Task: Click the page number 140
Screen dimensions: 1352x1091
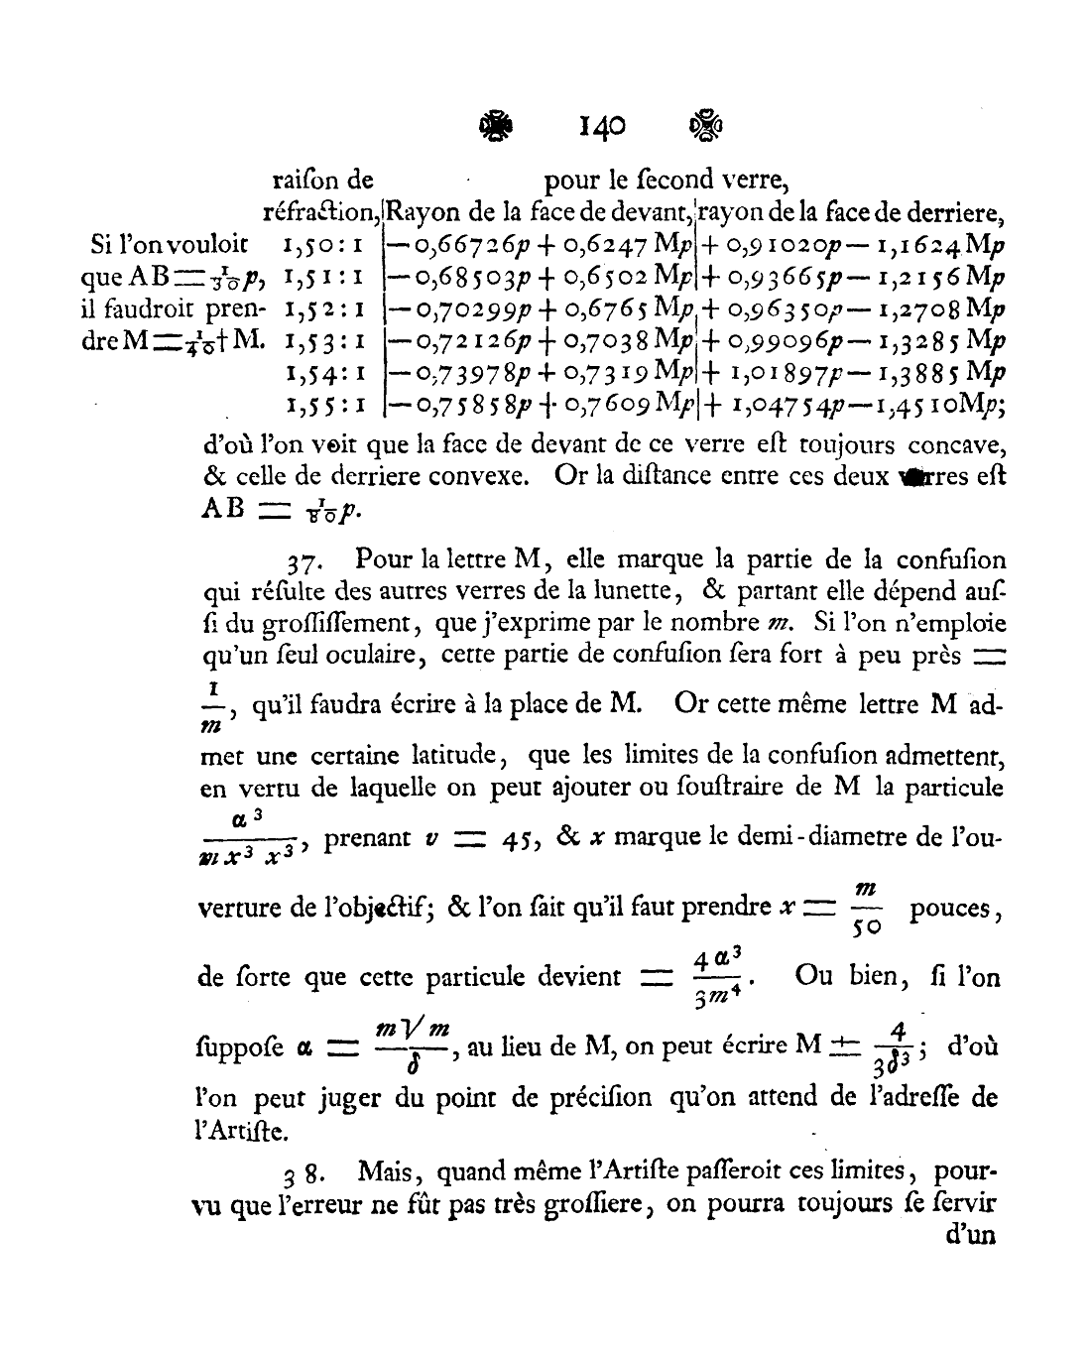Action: click(602, 125)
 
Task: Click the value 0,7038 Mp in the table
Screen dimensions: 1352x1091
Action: click(646, 340)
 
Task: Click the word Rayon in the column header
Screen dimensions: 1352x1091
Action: click(416, 211)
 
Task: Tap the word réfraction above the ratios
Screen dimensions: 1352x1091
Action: click(321, 211)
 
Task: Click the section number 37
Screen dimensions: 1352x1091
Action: click(302, 562)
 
